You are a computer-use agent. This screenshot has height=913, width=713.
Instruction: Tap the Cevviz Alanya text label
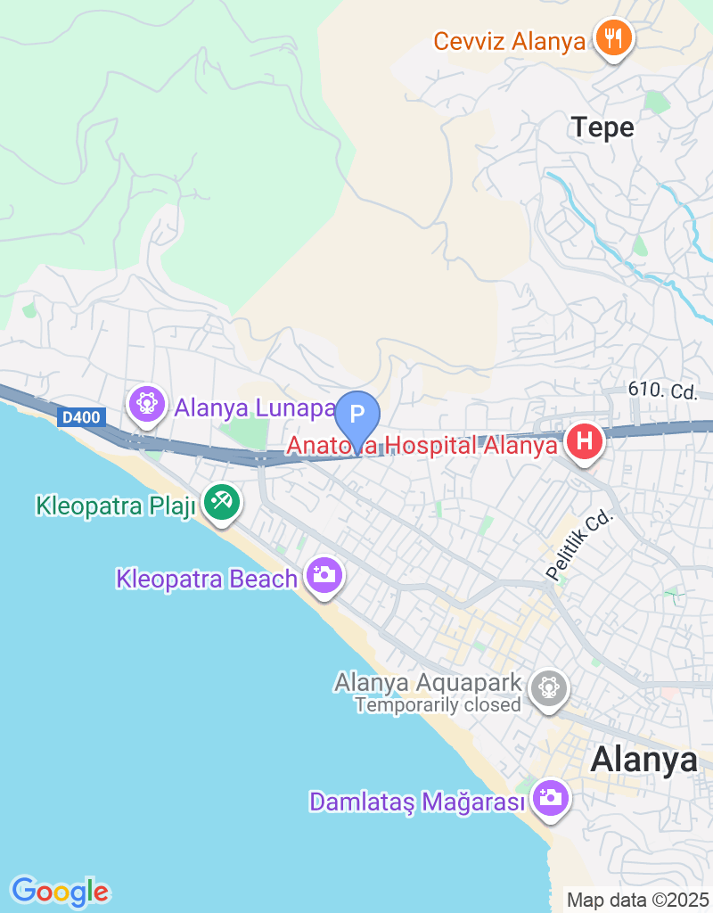pos(510,41)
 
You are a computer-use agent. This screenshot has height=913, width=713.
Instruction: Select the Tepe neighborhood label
pos(602,127)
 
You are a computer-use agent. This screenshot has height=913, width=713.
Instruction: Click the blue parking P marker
pos(357,415)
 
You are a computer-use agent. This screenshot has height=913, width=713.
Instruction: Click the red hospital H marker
pos(585,441)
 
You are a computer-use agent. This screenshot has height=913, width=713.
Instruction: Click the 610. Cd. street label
pos(662,391)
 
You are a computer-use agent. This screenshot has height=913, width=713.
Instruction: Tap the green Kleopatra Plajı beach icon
pos(221,503)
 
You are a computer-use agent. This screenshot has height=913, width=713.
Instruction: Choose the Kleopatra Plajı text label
pos(115,506)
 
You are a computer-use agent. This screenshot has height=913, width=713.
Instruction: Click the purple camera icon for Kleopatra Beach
pos(324,575)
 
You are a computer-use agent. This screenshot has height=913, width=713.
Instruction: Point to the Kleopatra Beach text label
pos(207,579)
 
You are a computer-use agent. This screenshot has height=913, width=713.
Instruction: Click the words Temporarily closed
pos(438,705)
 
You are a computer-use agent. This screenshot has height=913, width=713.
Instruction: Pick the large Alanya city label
pos(644,760)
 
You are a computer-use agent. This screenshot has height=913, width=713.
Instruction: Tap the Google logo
pos(60,891)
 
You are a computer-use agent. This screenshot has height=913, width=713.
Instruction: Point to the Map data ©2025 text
pos(637,900)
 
